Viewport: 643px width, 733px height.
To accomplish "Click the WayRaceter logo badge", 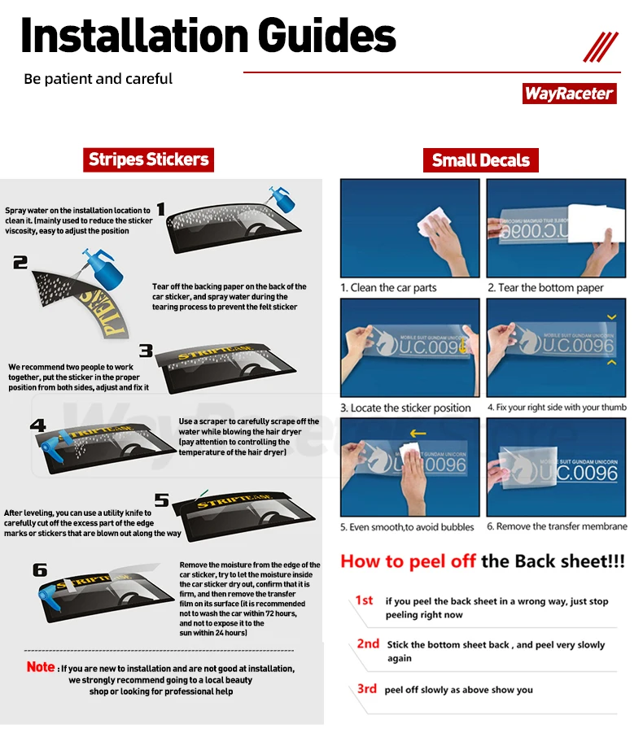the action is [569, 94].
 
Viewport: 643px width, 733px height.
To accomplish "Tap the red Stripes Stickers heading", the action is [149, 160].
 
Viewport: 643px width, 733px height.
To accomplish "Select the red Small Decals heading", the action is [481, 160].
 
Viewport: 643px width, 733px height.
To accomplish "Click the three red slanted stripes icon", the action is [601, 46].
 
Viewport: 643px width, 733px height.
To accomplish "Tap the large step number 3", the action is [146, 350].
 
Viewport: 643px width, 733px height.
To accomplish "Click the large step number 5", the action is [162, 500].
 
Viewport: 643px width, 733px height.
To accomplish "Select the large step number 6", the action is [40, 569].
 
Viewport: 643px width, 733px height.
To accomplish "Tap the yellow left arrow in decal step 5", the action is [418, 434].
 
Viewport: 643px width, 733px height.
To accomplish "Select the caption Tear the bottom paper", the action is [545, 287].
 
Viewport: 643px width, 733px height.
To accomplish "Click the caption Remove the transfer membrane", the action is [557, 526].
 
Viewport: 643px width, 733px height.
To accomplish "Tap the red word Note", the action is [41, 666].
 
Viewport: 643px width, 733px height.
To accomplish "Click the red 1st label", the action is [365, 600].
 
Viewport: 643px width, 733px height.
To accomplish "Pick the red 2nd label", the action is [368, 644].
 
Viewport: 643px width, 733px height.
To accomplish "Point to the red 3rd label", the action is [367, 688].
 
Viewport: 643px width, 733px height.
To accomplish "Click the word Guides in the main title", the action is [326, 36].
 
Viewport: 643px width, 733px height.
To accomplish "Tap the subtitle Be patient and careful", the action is [98, 79].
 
